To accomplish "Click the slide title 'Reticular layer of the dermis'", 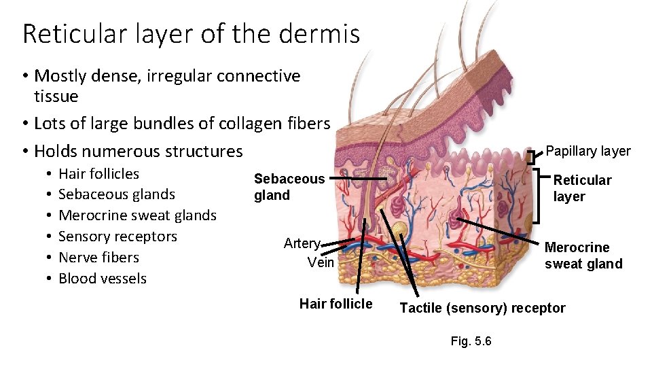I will click(x=191, y=33).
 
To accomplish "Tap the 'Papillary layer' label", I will click(x=588, y=152).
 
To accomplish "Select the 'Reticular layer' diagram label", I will click(x=582, y=188).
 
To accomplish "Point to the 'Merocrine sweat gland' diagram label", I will click(x=583, y=256).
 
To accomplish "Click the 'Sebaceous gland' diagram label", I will click(x=289, y=187).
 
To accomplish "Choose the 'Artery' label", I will click(x=302, y=243).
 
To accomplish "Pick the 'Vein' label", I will click(x=321, y=262).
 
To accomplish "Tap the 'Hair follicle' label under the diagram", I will click(x=336, y=304).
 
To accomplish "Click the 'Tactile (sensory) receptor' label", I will click(x=482, y=308).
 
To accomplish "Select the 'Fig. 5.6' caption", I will click(x=471, y=341).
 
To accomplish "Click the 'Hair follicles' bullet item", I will click(x=98, y=174).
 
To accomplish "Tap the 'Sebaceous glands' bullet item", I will click(x=116, y=194).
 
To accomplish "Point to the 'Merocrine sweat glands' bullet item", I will click(x=137, y=215).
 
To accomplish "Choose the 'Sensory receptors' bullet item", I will click(x=117, y=237).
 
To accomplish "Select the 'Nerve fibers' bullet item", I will click(x=98, y=258).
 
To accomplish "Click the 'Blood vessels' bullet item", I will click(x=103, y=279).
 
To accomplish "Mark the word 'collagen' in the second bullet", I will click(x=247, y=124).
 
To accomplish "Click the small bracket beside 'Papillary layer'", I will click(x=531, y=158).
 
